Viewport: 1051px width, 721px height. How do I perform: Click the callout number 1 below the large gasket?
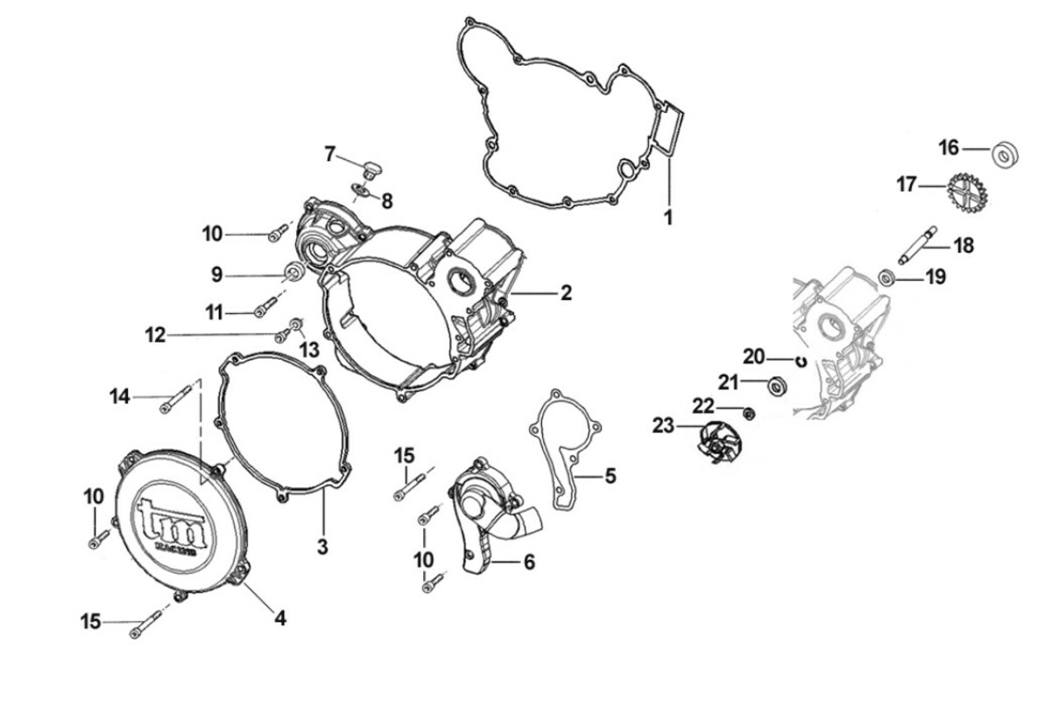[x=668, y=218]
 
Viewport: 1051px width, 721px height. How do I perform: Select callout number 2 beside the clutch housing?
[x=566, y=293]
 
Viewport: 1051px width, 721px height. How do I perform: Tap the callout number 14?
[x=120, y=397]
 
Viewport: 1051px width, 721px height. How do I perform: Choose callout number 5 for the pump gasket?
[x=610, y=476]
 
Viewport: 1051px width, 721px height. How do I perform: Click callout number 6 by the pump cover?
[x=529, y=562]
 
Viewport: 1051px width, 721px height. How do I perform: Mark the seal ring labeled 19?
[x=887, y=278]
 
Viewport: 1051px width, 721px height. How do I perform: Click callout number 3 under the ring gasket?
[x=322, y=547]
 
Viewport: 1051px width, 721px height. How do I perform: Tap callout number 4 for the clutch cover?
[x=279, y=618]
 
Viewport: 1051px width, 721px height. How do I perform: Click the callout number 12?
[x=155, y=335]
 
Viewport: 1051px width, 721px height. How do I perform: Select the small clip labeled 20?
[x=800, y=358]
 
